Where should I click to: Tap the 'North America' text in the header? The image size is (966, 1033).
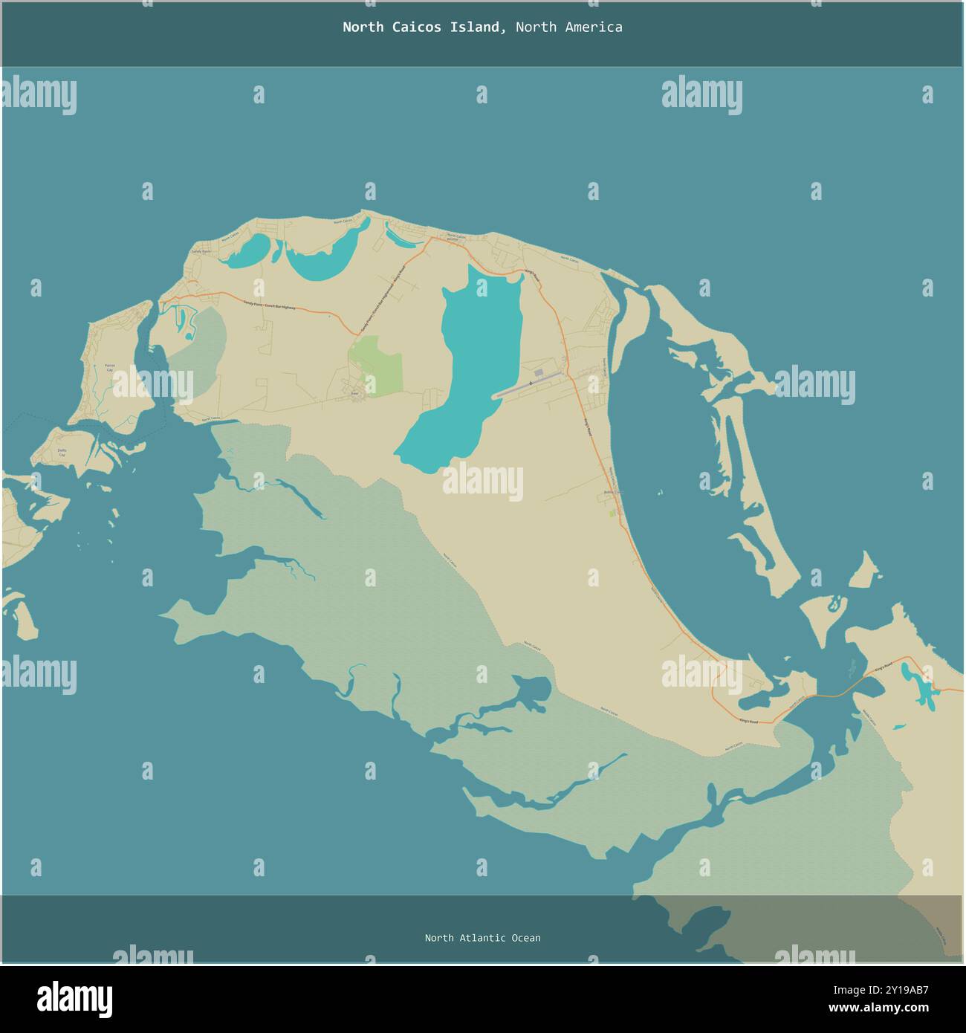tap(568, 27)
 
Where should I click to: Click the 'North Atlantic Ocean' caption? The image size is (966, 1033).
tap(482, 938)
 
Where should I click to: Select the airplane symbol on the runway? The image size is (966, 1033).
tap(530, 383)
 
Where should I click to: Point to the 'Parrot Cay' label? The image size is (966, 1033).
tap(109, 367)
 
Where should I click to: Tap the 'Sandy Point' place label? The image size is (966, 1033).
tap(201, 252)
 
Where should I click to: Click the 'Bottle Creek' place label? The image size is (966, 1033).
tap(612, 492)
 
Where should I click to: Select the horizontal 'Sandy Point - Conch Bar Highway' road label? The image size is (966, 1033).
tap(269, 305)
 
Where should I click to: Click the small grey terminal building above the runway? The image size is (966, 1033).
tap(538, 371)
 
